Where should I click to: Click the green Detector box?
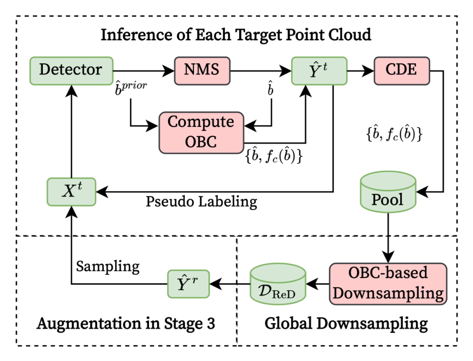coord(71,71)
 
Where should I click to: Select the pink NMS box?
coord(202,71)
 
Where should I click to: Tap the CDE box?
coord(402,71)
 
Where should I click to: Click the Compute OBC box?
coord(201,133)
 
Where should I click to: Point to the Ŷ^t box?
coord(319,71)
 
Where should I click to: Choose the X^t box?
coord(71,192)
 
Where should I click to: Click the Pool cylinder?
coord(388,192)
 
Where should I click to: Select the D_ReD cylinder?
coord(278,284)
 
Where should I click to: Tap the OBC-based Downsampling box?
coord(388,284)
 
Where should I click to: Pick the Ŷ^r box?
coord(188,284)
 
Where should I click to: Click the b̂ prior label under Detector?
coord(131,88)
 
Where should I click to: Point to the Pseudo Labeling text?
coord(201,202)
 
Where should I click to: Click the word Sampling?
coord(108,267)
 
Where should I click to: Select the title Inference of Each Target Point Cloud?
coord(236,35)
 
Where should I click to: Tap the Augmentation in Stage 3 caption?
coord(126,324)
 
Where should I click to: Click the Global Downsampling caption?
coord(346,324)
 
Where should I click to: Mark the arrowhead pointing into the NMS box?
coord(168,71)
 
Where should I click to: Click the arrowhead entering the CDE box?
coord(368,71)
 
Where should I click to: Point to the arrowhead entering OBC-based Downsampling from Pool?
coord(388,257)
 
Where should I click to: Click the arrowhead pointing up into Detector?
coord(71,91)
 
